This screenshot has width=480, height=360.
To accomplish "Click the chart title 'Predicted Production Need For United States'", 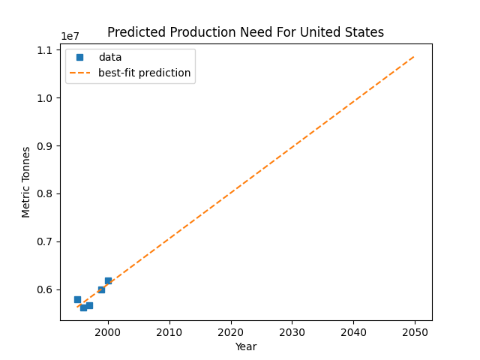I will tap(245, 32).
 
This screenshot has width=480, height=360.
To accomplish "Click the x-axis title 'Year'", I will tap(245, 347).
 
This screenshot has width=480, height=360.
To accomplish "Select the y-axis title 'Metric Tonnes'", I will tap(26, 181).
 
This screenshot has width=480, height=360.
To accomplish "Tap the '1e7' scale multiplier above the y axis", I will tap(71, 37).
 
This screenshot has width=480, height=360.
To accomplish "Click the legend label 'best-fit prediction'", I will tap(144, 73).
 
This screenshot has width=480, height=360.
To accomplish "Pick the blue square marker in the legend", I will tap(80, 57).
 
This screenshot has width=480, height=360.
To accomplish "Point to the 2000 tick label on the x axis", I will tap(108, 332).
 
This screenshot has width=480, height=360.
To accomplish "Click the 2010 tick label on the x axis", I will tap(169, 332).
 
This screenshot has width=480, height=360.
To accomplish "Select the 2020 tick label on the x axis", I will tap(231, 332).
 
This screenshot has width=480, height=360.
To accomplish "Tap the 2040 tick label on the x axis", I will tap(353, 332).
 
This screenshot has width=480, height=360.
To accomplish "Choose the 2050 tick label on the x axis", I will tap(415, 332).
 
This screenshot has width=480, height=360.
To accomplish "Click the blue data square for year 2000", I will tap(108, 280).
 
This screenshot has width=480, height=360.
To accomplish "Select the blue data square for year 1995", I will tap(77, 299).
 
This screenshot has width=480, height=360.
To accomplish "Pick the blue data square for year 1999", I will tap(101, 289).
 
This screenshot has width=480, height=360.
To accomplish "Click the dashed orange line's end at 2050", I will tap(414, 55).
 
